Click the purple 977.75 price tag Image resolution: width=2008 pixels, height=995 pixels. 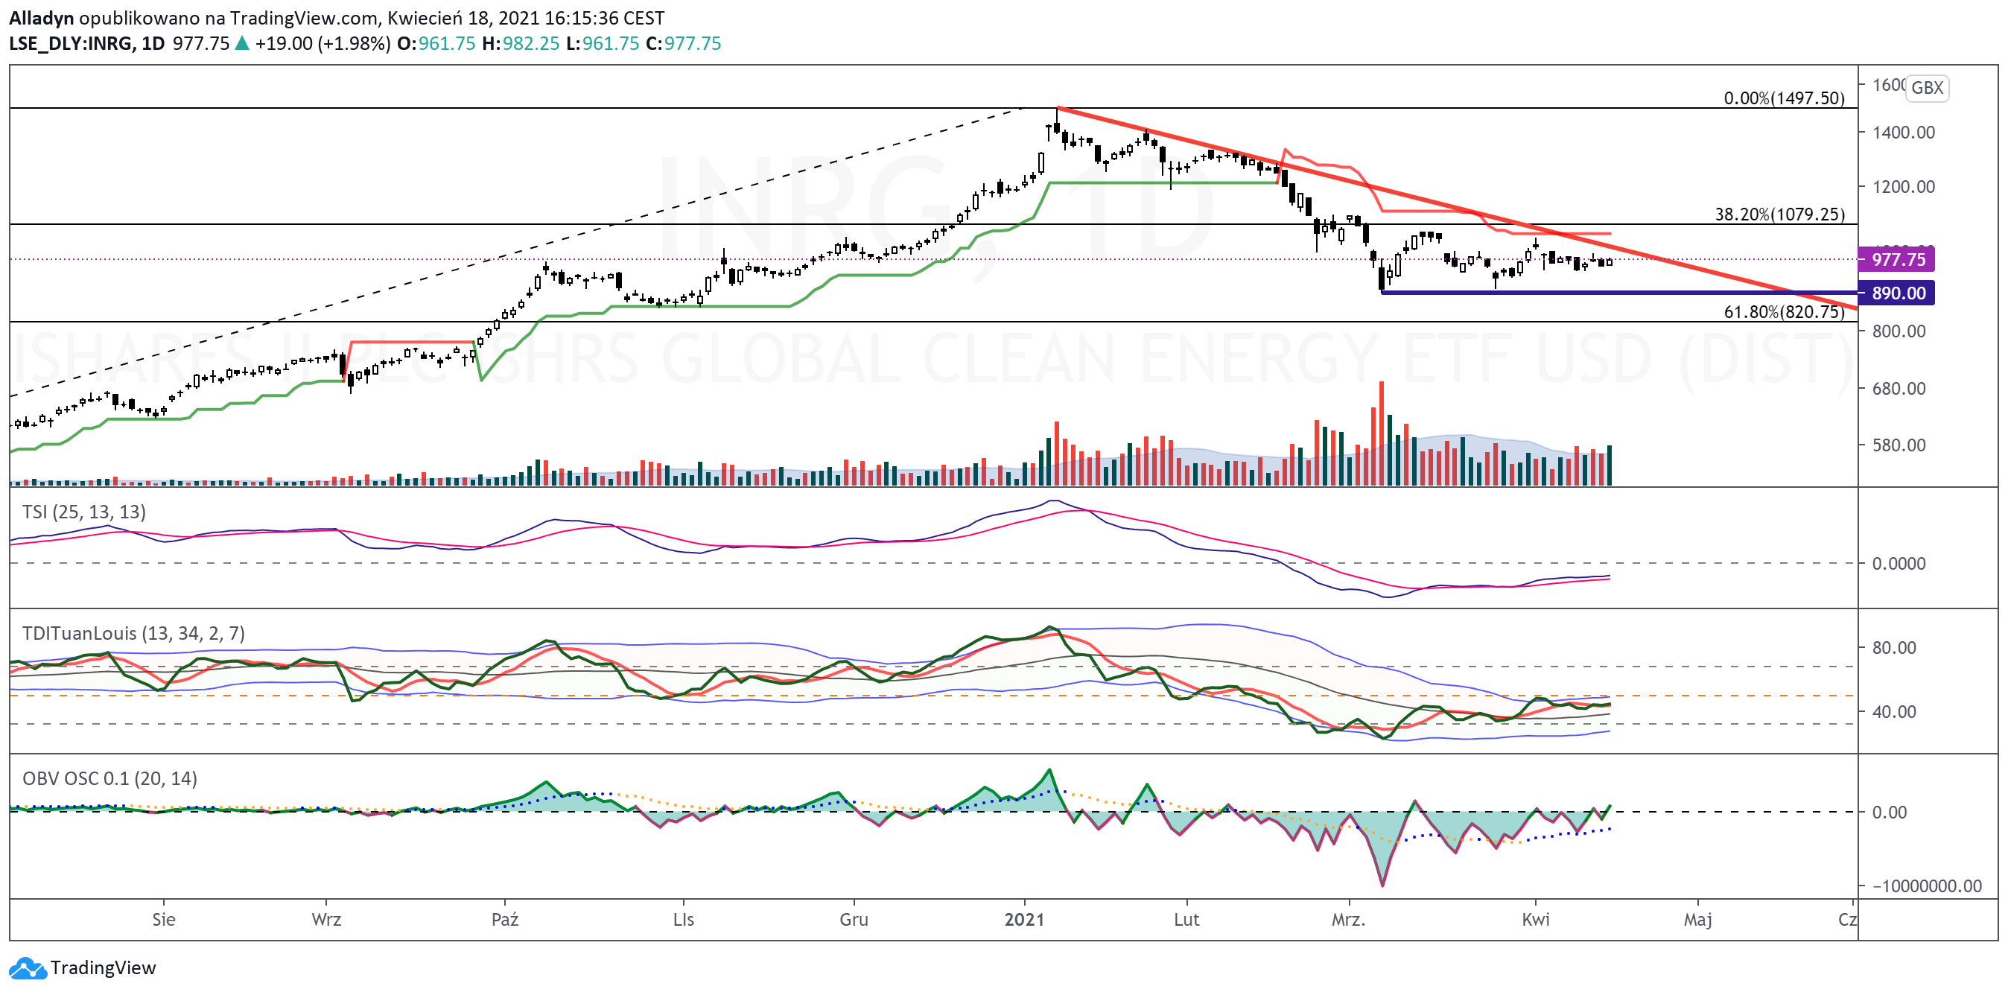click(1896, 259)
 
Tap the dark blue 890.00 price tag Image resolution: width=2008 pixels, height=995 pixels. click(1896, 293)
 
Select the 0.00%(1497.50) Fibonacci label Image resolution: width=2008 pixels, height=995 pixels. click(1785, 98)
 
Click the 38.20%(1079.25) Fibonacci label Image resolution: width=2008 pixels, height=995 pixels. click(1779, 214)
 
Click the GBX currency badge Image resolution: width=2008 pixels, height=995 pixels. click(1927, 87)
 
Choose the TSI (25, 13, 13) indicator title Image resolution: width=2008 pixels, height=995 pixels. click(84, 512)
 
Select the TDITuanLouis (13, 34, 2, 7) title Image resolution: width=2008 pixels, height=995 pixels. click(133, 634)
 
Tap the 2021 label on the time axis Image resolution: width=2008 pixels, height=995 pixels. click(1024, 920)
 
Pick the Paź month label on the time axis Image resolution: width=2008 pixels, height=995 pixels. click(505, 920)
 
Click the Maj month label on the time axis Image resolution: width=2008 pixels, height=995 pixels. click(1697, 921)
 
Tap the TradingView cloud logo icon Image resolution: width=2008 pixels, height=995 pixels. click(28, 968)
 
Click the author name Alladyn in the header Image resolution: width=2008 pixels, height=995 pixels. click(40, 18)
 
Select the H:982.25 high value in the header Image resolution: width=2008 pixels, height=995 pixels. click(521, 44)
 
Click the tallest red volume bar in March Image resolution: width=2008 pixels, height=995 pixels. click(1382, 433)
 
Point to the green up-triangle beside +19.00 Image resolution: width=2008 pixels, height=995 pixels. click(242, 43)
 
